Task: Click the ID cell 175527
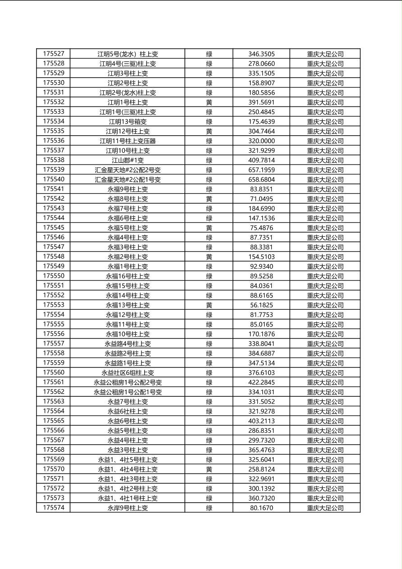(x=54, y=54)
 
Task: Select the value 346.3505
(x=261, y=54)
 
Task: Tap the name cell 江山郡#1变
(x=128, y=160)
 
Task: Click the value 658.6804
(x=261, y=179)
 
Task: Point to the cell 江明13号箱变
(x=128, y=122)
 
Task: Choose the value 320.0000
(x=261, y=141)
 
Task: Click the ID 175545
(x=54, y=228)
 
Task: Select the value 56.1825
(x=261, y=305)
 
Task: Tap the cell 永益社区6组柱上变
(x=128, y=372)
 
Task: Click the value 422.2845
(x=261, y=382)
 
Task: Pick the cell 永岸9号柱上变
(x=128, y=508)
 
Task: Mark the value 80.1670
(x=261, y=508)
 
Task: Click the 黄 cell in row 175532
(x=209, y=102)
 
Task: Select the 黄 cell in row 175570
(x=209, y=469)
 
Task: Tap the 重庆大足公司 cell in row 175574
(x=325, y=508)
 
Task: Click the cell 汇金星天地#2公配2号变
(x=128, y=170)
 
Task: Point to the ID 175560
(x=54, y=372)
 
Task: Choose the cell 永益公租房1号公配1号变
(x=128, y=392)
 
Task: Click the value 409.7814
(x=261, y=160)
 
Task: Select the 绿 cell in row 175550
(x=209, y=276)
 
